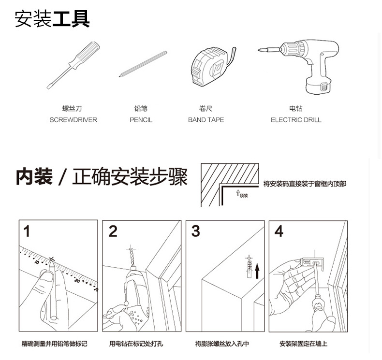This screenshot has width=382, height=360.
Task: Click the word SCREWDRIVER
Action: pos(73,120)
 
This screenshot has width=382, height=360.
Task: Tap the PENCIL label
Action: pos(141,120)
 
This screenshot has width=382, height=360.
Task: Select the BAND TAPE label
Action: pos(206,120)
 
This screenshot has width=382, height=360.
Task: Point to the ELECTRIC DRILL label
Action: pos(296,120)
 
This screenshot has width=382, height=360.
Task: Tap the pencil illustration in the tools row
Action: pos(143,64)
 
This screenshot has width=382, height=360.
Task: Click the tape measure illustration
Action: pos(212,67)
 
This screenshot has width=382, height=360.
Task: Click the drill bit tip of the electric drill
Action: pos(259,50)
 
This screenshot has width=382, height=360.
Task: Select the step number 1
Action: pos(27,231)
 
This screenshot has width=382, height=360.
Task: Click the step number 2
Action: pos(113,231)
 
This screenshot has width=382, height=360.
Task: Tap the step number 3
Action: pos(196,231)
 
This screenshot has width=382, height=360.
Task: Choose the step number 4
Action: pos(279,231)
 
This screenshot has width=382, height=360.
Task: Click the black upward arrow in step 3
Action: pos(257,271)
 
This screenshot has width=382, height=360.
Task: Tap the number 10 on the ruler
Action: pos(37,262)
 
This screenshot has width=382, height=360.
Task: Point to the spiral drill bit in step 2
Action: pos(132,258)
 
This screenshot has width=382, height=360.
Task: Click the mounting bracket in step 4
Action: pos(312,263)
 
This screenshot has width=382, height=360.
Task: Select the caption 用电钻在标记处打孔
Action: pos(136,344)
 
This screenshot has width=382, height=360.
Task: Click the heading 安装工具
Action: pos(52,19)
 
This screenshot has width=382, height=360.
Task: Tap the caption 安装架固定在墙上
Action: pos(303,344)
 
